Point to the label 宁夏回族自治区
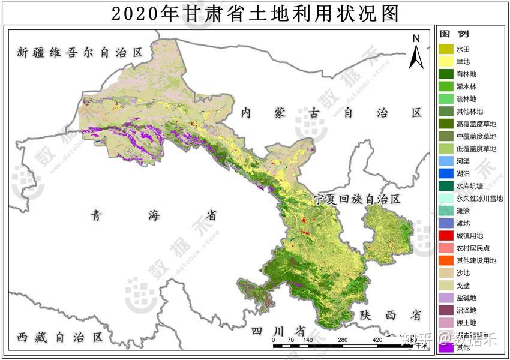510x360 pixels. click(356, 199)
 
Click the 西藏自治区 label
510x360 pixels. click(60, 337)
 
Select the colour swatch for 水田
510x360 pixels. click(446, 49)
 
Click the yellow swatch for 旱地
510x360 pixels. click(446, 61)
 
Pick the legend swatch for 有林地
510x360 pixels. click(446, 74)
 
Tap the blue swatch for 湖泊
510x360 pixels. click(446, 173)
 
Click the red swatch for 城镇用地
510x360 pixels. click(446, 236)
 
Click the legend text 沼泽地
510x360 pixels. click(466, 310)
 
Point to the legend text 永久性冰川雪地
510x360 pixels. click(479, 199)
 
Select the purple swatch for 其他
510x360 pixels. click(446, 347)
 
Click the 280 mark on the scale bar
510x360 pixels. click(343, 340)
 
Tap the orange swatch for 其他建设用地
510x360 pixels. click(446, 260)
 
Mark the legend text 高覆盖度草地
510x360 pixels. click(476, 124)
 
